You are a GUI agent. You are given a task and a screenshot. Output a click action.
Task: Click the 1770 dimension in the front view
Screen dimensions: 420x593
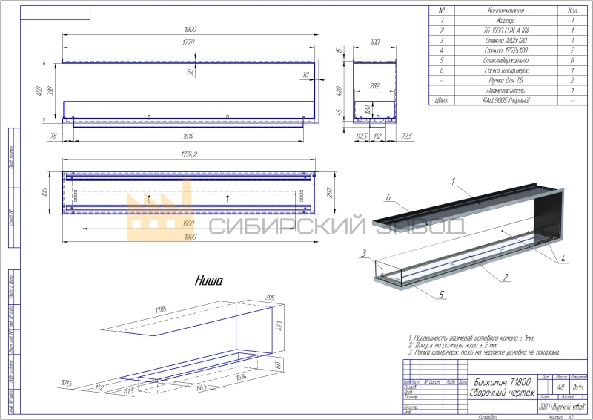(188, 43)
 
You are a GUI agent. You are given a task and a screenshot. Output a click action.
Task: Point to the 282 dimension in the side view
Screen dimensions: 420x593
(375, 87)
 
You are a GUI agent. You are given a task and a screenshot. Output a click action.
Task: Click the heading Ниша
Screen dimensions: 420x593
(208, 280)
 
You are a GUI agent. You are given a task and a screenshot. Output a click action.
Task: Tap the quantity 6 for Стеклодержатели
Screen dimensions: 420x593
(573, 60)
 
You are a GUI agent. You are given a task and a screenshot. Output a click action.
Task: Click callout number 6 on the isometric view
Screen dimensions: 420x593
(387, 197)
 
